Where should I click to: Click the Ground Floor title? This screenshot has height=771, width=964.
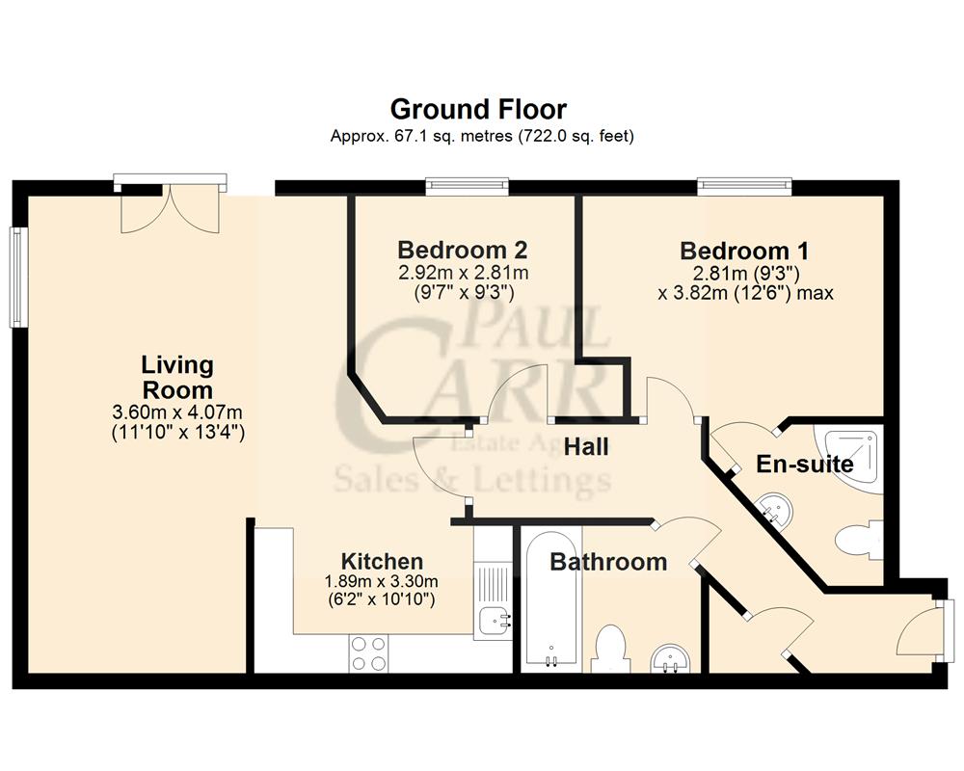[x=478, y=109]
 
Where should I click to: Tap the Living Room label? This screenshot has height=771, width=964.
[x=176, y=377]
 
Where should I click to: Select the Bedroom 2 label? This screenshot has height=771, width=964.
[x=462, y=250]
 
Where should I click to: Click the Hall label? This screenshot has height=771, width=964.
[x=585, y=446]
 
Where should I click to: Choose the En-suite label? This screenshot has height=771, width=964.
[x=804, y=464]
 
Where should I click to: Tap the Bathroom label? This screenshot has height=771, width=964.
[x=608, y=561]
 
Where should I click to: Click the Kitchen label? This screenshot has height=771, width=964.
[x=382, y=561]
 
